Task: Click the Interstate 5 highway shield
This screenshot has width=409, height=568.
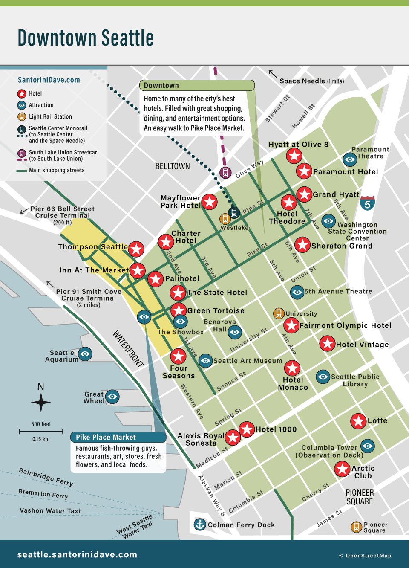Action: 367,203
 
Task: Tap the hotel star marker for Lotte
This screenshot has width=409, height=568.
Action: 358,421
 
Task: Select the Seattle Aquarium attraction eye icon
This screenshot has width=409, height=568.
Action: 85,354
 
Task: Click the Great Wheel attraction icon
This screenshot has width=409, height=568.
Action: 112,397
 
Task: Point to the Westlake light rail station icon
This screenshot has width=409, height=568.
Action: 225,219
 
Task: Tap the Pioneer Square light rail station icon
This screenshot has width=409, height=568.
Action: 356,527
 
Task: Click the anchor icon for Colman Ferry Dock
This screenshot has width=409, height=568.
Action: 200,524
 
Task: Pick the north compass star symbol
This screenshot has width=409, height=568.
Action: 41,402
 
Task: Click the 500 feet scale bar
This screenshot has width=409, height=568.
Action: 41,431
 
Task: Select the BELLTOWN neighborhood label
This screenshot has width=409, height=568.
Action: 173,166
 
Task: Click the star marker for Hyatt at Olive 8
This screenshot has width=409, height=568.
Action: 294,156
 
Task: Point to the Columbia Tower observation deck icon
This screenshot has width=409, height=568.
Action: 368,446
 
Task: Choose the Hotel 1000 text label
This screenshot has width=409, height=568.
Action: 276,429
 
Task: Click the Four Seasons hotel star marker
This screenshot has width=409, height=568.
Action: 178,356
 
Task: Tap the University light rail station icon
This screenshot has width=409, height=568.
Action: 279,313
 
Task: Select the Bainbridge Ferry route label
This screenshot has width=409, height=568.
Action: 46,477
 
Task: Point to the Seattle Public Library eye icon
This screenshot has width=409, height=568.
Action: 323,377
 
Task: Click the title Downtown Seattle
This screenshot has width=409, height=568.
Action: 86,38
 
